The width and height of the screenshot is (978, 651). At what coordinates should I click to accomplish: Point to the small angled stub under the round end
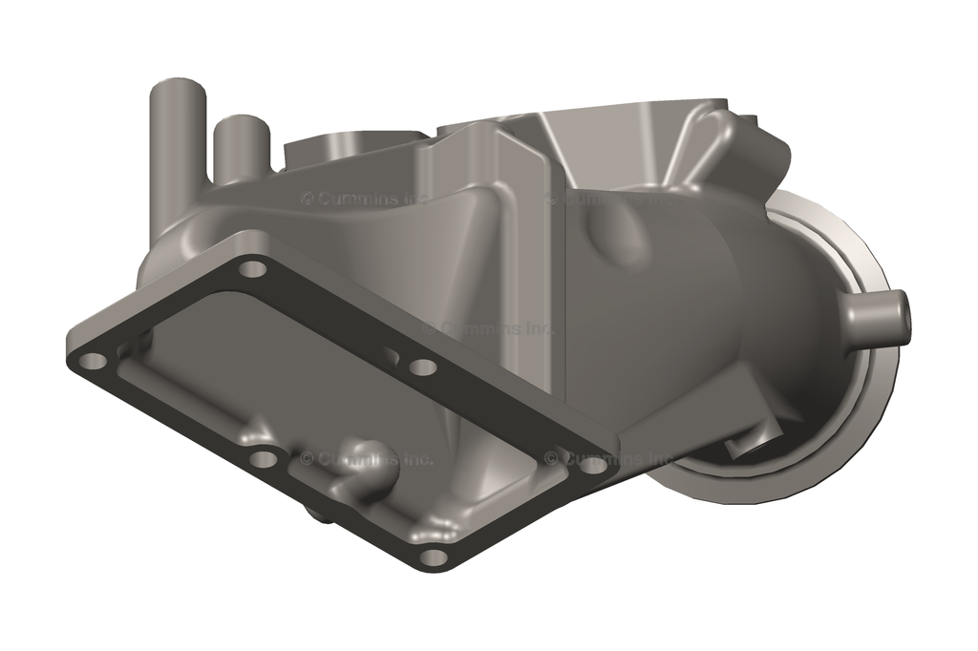click(x=755, y=442)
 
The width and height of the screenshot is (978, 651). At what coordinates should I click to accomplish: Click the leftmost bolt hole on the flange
click(x=93, y=362)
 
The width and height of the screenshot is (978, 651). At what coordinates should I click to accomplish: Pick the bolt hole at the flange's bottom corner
click(x=433, y=556)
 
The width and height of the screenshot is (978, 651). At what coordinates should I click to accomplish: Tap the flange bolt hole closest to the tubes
click(x=252, y=269)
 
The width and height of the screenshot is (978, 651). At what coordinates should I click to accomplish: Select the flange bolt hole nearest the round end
click(x=593, y=466)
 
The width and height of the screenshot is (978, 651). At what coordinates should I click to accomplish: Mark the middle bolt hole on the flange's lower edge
click(x=263, y=458)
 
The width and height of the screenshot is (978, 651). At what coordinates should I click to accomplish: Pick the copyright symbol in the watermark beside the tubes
click(x=308, y=199)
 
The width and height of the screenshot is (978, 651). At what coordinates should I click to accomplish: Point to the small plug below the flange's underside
click(x=318, y=516)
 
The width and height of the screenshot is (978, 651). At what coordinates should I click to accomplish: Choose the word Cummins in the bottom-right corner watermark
click(x=597, y=459)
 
